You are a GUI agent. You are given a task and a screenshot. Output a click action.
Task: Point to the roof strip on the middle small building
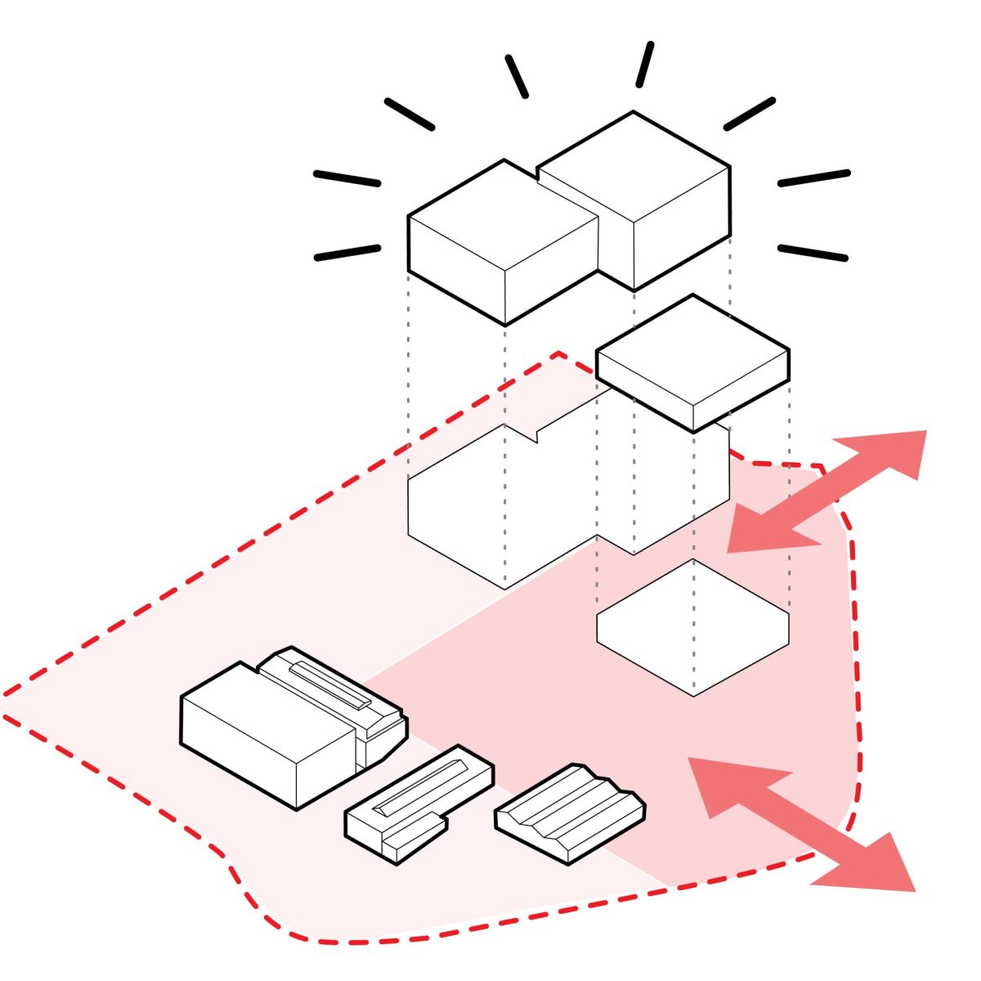click(422, 790)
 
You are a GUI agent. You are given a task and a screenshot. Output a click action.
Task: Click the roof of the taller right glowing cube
click(634, 163)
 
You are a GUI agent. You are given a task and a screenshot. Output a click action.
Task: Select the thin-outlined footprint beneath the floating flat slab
click(693, 628)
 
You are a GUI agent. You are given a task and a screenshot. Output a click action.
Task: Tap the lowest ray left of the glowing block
click(347, 253)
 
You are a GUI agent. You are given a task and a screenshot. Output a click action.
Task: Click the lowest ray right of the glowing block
click(813, 253)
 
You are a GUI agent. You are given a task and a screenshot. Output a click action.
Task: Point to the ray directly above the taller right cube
click(645, 65)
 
